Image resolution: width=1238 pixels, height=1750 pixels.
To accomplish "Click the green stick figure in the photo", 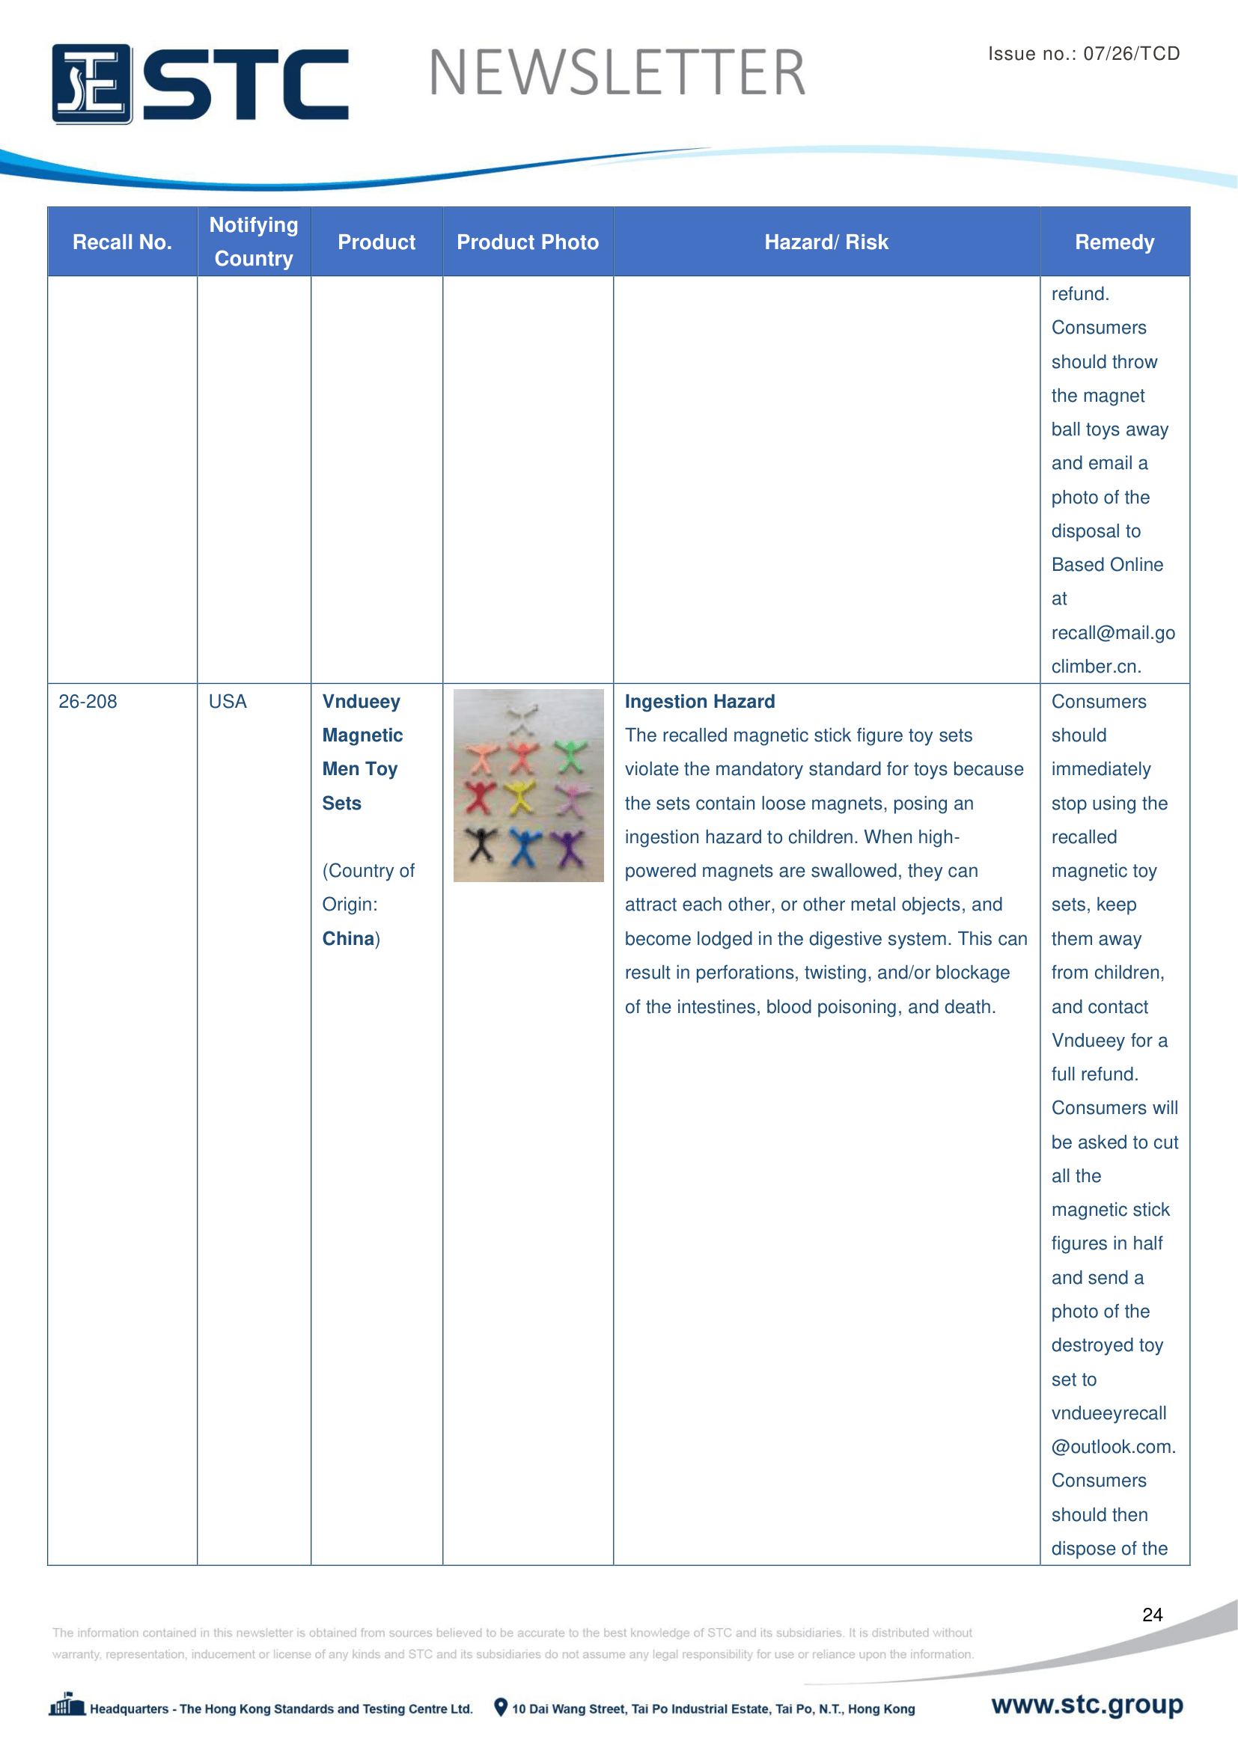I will coord(570,756).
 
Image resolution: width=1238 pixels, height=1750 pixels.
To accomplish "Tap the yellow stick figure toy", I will coord(522,797).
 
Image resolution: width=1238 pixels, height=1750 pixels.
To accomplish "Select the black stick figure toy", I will coord(482,843).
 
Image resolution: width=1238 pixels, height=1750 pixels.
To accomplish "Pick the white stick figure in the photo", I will coord(522,718).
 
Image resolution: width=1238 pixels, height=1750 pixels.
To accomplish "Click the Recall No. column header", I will coord(122,242).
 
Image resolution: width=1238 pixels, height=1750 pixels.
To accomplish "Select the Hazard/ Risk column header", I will coord(826,242).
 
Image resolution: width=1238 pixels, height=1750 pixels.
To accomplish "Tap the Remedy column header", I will coord(1114,242).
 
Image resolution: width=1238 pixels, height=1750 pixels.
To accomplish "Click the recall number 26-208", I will coord(88,701).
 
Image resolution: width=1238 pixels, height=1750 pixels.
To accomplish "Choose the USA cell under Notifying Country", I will coord(228,701).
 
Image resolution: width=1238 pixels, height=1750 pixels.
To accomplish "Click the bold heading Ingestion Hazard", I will coord(699,701).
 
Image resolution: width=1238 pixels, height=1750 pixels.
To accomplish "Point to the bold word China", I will coord(347,938).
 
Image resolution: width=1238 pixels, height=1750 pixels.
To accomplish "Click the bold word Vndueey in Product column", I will coord(361,701).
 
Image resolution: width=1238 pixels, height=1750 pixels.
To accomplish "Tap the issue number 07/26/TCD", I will coord(1130,53).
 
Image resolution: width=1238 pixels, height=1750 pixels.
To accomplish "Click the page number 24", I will coord(1152,1615).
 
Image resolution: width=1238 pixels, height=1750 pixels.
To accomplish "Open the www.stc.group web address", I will coord(1086,1704).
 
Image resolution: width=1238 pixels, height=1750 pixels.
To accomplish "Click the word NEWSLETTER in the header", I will coord(617,73).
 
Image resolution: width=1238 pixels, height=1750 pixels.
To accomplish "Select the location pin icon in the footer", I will coord(500,1707).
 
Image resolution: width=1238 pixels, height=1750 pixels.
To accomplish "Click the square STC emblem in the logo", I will coord(91,84).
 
